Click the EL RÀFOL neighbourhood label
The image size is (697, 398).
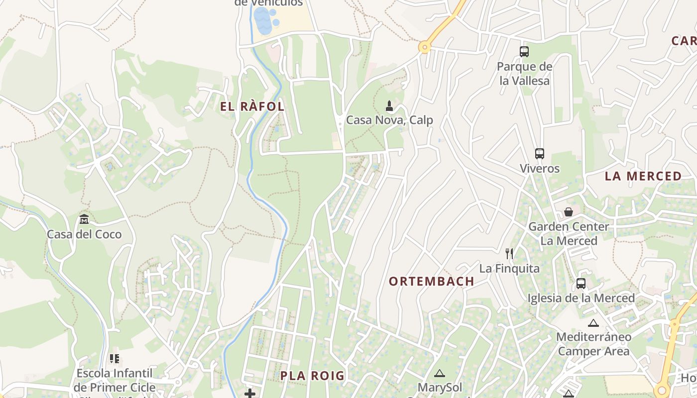252,106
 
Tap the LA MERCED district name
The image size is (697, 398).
643,176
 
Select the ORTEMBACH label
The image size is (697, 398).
431,282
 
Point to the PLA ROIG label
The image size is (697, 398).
312,376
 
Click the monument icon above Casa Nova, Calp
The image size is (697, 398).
389,105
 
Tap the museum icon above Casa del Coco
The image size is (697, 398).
84,219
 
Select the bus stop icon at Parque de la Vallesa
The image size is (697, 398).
524,51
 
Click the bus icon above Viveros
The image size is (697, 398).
540,154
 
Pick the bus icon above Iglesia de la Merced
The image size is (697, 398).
581,284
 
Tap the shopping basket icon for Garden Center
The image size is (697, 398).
568,212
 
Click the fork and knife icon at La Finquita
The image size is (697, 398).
509,254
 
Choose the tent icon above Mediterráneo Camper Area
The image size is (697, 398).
593,323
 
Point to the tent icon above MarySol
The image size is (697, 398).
439,373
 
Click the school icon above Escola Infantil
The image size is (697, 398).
115,358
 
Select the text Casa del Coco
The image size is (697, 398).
84,234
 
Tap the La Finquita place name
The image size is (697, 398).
509,269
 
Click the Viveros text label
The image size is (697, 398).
540,169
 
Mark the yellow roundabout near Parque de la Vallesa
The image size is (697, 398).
424,47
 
